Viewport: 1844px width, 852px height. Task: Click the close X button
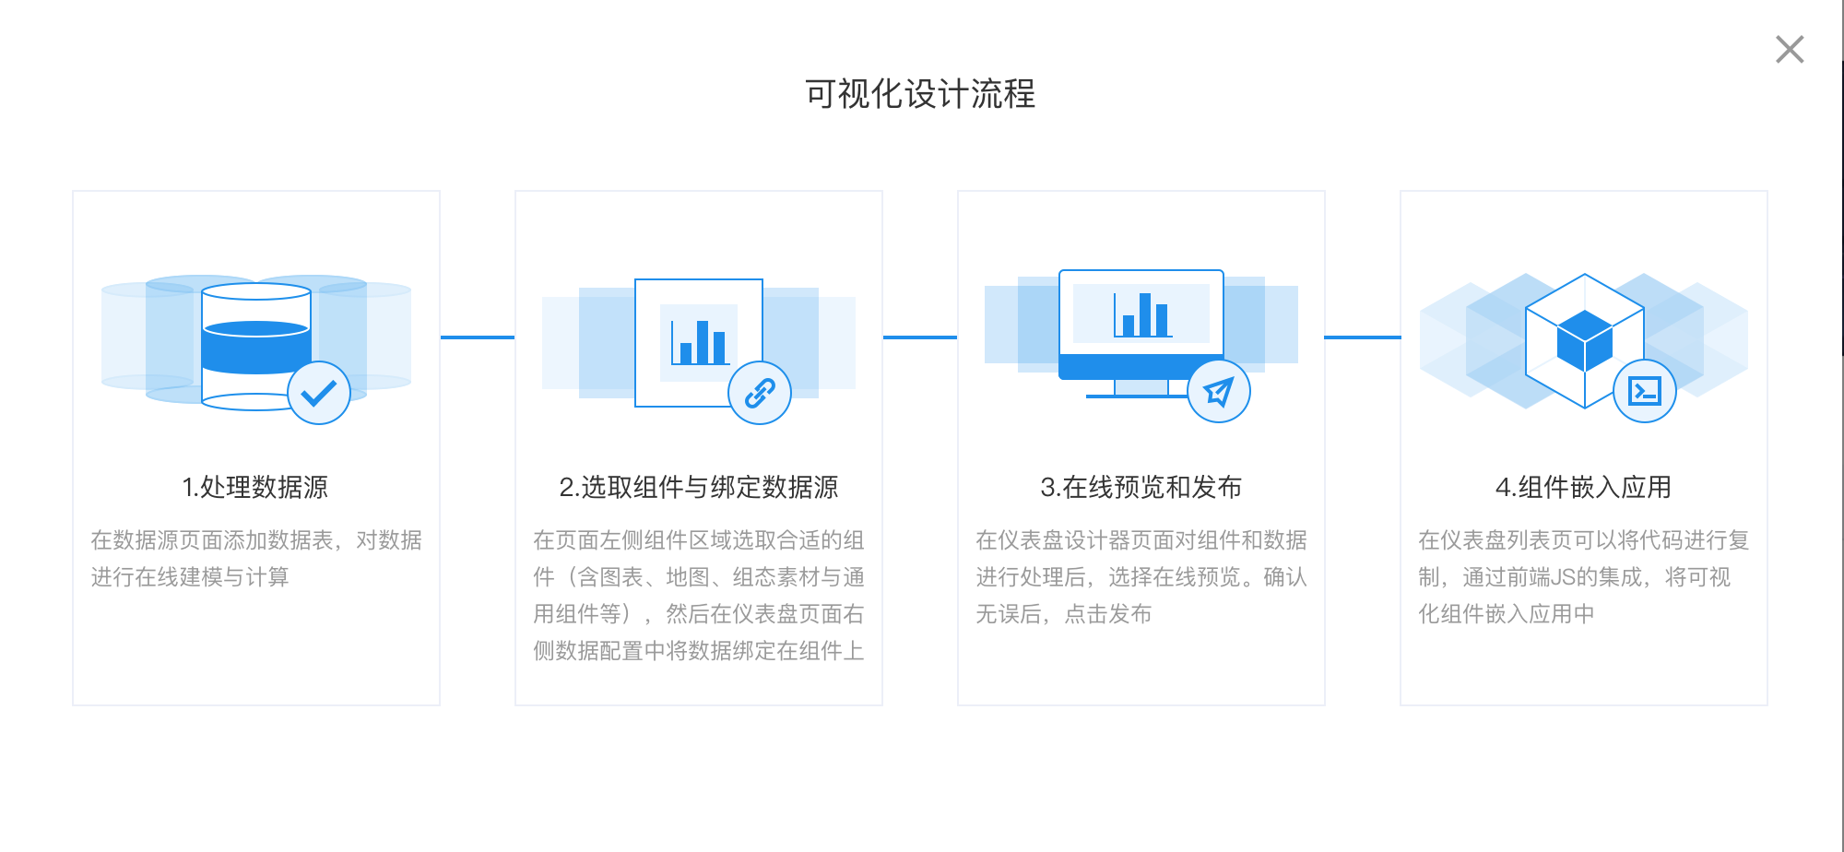pos(1790,49)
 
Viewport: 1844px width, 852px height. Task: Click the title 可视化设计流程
pos(920,94)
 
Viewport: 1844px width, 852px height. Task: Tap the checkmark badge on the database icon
pos(319,393)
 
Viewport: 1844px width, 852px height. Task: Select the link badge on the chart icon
pos(760,393)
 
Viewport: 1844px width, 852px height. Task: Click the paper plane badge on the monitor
pos(1219,391)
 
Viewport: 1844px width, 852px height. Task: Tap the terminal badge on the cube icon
pos(1645,391)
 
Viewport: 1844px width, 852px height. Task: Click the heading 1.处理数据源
pos(255,487)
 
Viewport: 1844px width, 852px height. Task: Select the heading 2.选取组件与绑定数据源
pos(699,487)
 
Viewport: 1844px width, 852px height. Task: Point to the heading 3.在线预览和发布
pos(1141,487)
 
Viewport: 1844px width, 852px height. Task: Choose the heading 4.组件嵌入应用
pos(1584,487)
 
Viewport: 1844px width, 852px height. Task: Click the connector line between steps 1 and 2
pos(478,337)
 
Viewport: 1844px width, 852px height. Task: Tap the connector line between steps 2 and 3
pos(920,337)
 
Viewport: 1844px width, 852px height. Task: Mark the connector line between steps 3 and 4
pos(1363,337)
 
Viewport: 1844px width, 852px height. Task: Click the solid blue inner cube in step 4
pos(1585,340)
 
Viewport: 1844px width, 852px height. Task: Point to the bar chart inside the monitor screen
pos(1142,314)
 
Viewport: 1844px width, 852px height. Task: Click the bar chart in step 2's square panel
pos(700,342)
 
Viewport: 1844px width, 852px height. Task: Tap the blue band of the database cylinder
pos(255,347)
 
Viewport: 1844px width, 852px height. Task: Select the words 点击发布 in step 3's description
pos(1108,614)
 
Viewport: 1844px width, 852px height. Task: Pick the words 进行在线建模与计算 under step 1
pos(190,577)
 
